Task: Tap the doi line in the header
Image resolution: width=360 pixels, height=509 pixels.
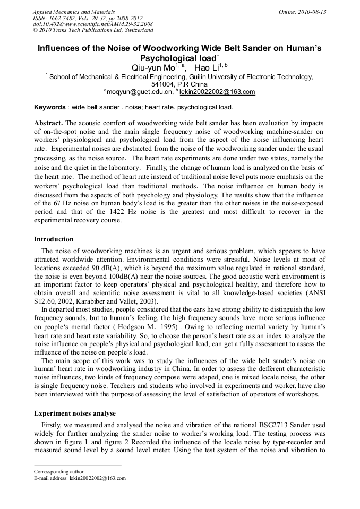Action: click(92, 24)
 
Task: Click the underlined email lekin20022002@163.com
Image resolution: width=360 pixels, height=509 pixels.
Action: click(217, 92)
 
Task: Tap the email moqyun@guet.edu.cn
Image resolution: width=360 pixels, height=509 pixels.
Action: click(139, 92)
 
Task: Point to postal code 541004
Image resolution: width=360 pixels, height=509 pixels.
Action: click(163, 84)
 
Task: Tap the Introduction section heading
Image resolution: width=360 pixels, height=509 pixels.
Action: click(54, 239)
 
